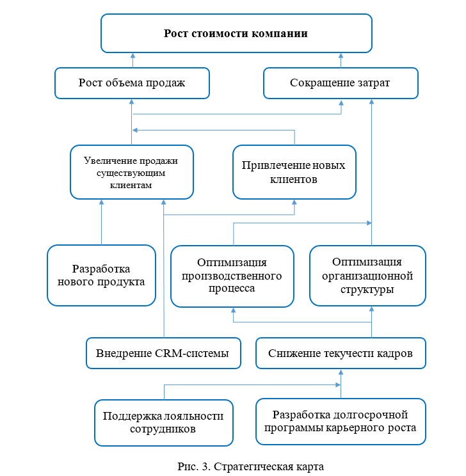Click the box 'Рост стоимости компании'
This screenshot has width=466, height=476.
pos(236,33)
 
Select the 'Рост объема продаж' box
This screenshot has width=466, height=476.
pos(132,83)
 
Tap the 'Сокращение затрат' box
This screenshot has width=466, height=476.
pos(341,83)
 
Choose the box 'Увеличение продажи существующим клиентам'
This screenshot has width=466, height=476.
pos(132,172)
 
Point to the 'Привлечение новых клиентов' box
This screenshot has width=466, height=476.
pos(294,172)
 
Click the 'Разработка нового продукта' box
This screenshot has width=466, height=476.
pos(102,275)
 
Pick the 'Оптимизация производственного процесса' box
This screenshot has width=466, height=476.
pos(232,276)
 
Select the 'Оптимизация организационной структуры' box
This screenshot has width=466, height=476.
pos(367,276)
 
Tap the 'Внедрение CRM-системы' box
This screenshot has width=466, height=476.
pos(163,353)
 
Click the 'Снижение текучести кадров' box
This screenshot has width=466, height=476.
pos(341,353)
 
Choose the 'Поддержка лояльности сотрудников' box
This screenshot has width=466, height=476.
pos(164,422)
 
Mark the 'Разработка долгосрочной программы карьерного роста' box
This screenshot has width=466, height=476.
pos(341,422)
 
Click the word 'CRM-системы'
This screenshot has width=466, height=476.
pos(192,353)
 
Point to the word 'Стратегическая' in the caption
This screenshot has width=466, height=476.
pos(252,466)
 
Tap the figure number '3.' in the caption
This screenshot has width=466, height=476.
pos(206,466)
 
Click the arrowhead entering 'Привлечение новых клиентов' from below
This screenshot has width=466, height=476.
pos(294,202)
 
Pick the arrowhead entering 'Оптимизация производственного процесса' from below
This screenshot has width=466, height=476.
pos(233,310)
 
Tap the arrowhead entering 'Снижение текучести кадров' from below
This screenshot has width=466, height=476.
pos(341,372)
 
